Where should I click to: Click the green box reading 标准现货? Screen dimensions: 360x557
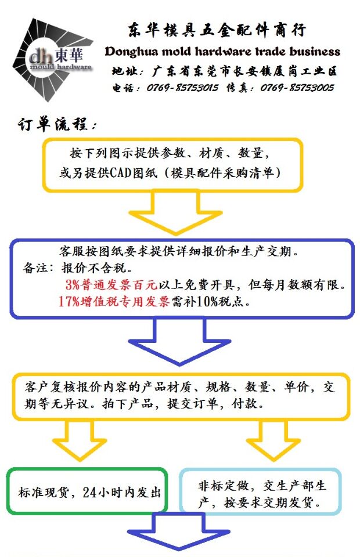[x=87, y=493]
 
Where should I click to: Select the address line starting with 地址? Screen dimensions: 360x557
[x=224, y=72]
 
